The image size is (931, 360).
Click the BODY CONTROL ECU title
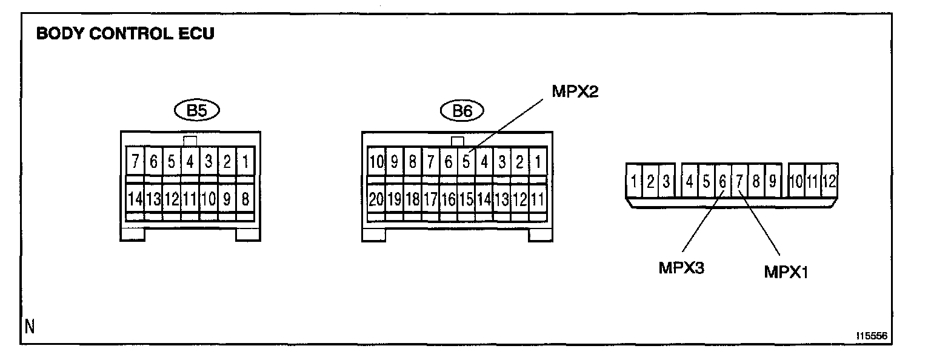[125, 34]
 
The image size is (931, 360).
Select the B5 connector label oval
[196, 112]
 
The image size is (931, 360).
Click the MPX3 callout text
[681, 267]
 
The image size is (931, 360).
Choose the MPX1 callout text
[787, 273]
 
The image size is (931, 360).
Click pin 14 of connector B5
[135, 198]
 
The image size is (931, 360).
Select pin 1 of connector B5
[244, 162]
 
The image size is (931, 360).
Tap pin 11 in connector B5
[190, 198]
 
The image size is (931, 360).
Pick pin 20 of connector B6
[376, 199]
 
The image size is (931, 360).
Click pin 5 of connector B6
[466, 162]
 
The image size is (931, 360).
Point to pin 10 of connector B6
[376, 162]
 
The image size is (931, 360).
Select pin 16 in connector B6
[448, 199]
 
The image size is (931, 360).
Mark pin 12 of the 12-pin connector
[829, 181]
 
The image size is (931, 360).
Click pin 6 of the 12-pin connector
[722, 181]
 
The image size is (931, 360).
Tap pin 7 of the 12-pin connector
[739, 181]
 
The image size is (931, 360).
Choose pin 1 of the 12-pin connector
[633, 181]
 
